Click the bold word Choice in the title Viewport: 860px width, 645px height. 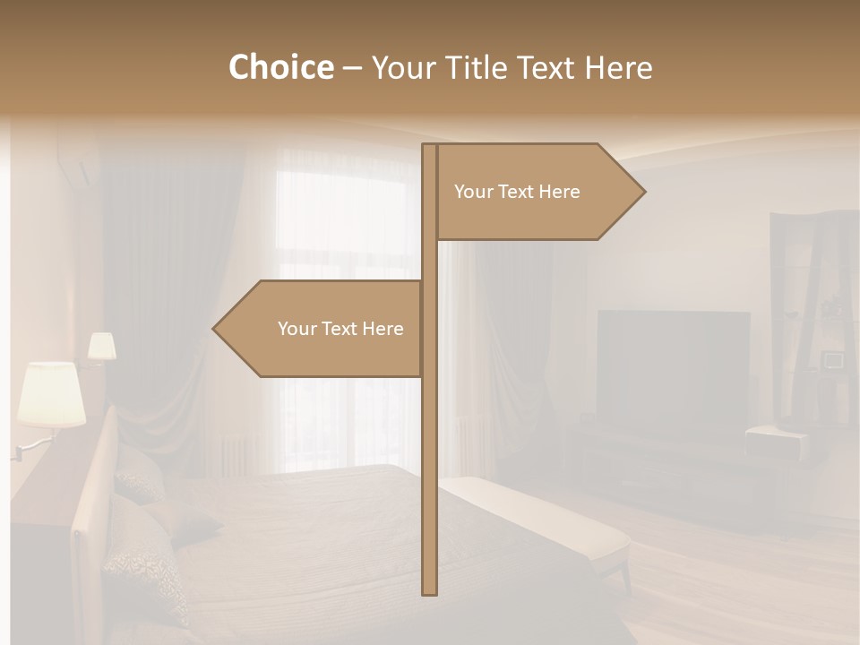click(280, 67)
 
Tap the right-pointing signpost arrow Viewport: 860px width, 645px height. click(537, 192)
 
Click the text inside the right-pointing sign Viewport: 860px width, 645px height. click(517, 192)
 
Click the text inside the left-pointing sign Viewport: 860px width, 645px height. click(340, 329)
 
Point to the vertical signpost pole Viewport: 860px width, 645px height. click(430, 448)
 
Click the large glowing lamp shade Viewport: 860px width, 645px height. click(51, 393)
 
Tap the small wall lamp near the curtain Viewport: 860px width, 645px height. click(101, 347)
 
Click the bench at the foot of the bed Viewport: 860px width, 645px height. click(537, 520)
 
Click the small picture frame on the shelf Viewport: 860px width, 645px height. click(833, 360)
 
